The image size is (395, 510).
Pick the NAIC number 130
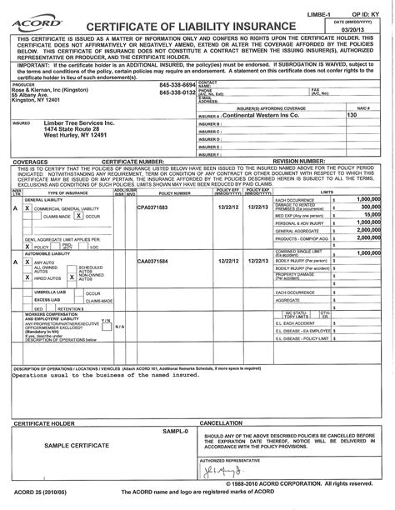(352, 116)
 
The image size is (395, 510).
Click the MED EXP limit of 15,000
(369, 215)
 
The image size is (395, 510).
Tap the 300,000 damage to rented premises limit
(368, 207)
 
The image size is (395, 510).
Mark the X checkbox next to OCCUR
(77, 215)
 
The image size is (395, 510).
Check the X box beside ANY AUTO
(27, 262)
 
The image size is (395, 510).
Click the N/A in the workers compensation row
(119, 326)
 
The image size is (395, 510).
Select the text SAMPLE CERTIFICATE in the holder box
(77, 446)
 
